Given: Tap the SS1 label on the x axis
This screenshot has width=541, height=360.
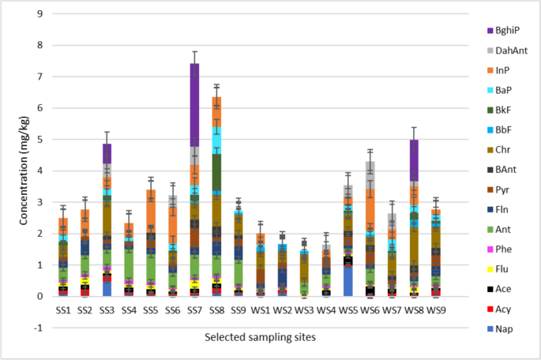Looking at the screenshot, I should pos(64,311).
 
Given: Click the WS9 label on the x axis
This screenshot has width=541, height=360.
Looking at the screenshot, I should pos(436,311).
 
